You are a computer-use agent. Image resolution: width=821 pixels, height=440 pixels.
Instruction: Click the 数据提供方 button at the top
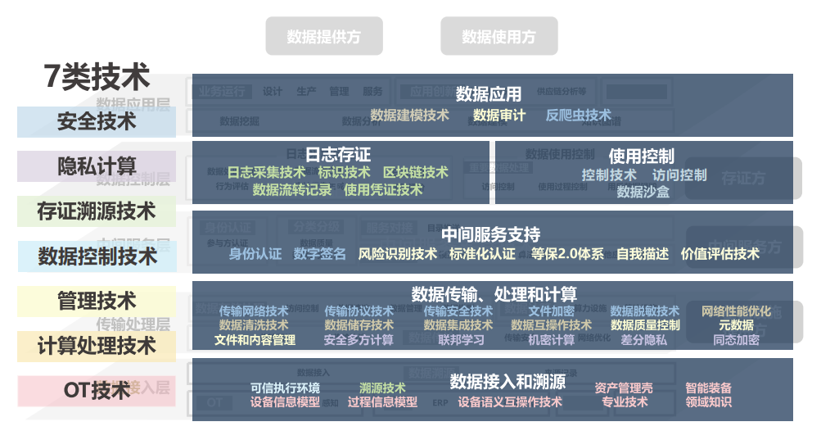[x=323, y=36]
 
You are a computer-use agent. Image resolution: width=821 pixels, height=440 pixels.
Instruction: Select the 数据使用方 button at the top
[x=498, y=36]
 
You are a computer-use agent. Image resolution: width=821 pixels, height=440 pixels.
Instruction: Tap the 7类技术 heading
[x=97, y=77]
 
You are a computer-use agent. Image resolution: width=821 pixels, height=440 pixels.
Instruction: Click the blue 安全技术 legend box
[x=97, y=121]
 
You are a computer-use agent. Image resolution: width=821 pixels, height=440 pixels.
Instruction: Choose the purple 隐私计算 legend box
[x=97, y=166]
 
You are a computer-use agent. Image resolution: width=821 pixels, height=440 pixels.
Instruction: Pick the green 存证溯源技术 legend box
[x=97, y=211]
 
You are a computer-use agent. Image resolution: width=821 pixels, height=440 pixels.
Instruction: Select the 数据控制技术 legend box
[x=97, y=256]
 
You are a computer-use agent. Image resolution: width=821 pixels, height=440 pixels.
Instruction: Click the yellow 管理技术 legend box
[x=97, y=301]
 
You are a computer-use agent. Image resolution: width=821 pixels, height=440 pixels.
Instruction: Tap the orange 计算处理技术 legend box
[x=97, y=345]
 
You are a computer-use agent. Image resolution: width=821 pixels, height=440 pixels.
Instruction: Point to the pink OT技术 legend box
[x=97, y=390]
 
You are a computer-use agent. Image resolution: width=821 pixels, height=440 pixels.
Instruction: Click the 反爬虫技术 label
[x=578, y=116]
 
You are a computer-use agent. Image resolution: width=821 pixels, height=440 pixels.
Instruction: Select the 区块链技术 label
[x=415, y=172]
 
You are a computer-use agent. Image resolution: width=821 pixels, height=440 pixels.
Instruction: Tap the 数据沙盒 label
[x=643, y=192]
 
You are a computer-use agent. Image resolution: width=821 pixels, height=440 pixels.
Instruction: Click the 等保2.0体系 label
[x=567, y=254]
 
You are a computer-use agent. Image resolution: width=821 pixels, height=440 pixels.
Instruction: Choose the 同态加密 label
[x=736, y=339]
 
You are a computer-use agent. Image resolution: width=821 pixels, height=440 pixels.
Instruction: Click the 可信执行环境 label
[x=285, y=388]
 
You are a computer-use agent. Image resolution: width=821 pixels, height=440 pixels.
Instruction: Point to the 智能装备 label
[x=708, y=388]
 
